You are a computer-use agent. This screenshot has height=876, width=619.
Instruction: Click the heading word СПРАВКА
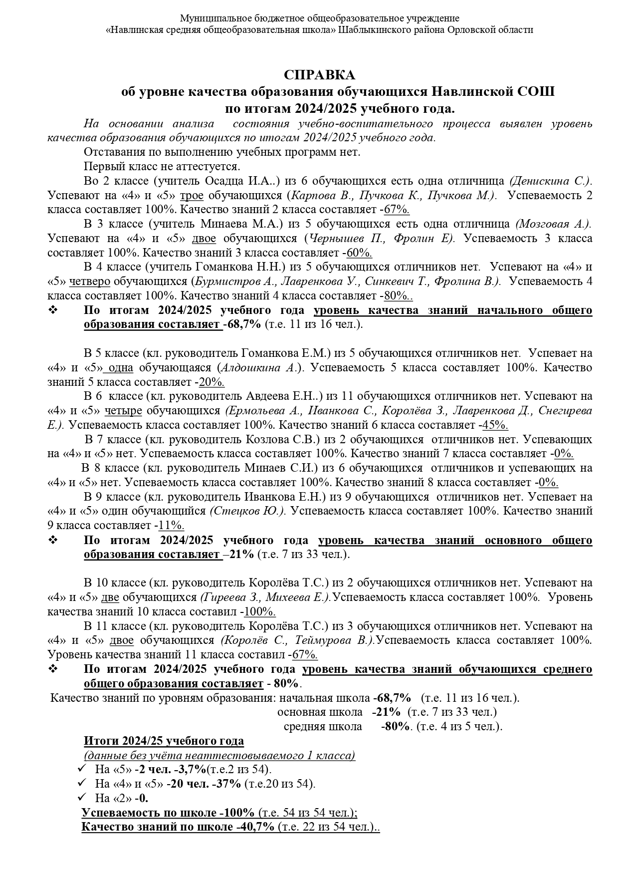[320, 75]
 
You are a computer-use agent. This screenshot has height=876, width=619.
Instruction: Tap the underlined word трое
[192, 195]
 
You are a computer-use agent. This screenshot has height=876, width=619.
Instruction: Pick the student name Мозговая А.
[553, 224]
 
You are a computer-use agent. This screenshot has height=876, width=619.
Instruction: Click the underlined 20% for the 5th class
[211, 382]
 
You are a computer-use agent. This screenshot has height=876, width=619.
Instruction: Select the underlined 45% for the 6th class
[495, 425]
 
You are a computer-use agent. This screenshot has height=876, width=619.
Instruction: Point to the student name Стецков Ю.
[247, 511]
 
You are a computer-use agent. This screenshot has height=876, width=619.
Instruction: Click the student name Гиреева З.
[230, 597]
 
